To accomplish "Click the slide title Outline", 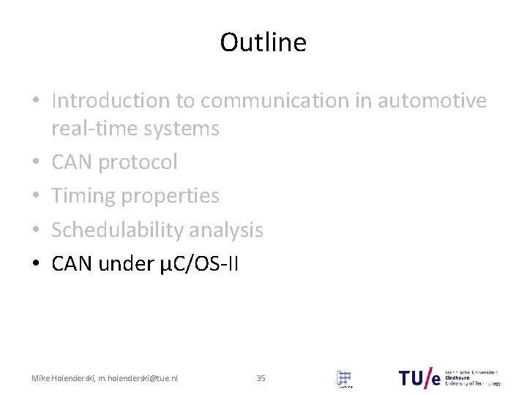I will pyautogui.click(x=263, y=43).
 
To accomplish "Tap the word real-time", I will pyautogui.click(x=91, y=129).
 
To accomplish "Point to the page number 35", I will pyautogui.click(x=261, y=378).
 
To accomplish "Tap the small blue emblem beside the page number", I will pyautogui.click(x=343, y=378).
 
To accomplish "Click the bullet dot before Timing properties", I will pyautogui.click(x=37, y=197).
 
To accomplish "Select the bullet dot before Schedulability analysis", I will pyautogui.click(x=37, y=231).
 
